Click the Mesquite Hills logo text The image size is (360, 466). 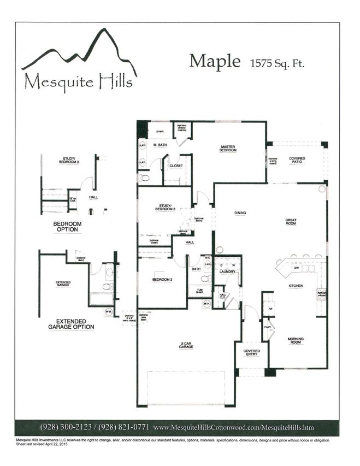point(78,82)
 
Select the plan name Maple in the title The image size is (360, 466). point(215,61)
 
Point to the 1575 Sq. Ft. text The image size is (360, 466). point(278,63)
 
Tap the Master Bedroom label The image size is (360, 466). point(228,148)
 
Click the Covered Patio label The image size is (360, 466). point(297,160)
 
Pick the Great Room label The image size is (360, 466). point(291,222)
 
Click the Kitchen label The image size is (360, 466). point(296,285)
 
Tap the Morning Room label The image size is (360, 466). point(296,341)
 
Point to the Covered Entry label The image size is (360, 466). point(252,352)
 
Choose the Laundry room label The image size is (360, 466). point(227,272)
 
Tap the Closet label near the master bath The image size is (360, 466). point(176,165)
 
